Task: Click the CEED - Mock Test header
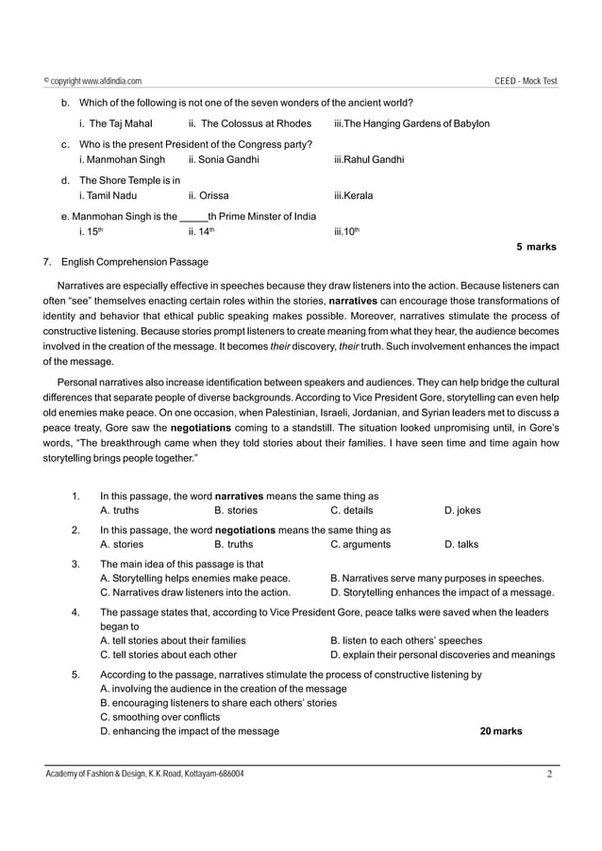(x=526, y=82)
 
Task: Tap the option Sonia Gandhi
(x=223, y=160)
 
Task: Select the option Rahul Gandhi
(x=369, y=160)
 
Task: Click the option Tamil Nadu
(x=108, y=196)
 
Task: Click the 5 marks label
(x=536, y=247)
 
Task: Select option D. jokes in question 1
(x=461, y=511)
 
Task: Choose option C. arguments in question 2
(x=360, y=544)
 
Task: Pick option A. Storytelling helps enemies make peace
(x=194, y=577)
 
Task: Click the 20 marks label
(x=500, y=731)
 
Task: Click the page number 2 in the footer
(x=548, y=775)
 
